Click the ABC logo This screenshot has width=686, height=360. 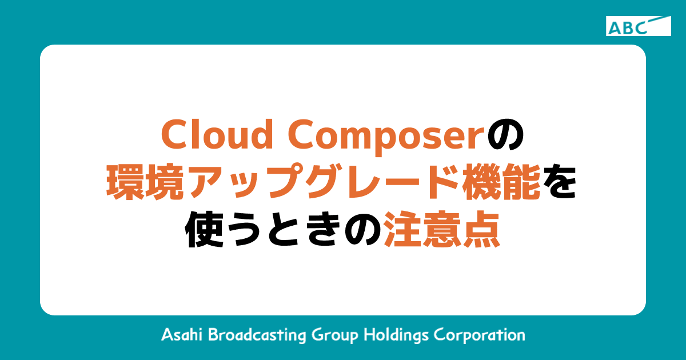pos(638,26)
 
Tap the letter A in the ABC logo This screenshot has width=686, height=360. pos(615,27)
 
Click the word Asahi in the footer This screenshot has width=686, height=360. pos(182,334)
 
